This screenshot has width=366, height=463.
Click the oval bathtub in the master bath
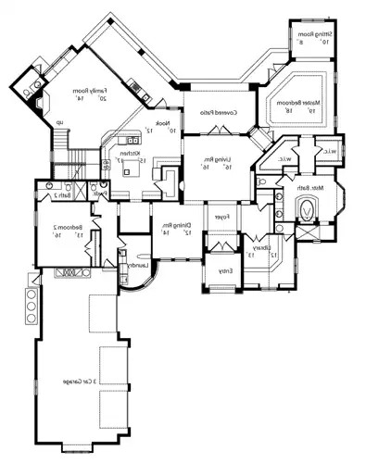(305, 211)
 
